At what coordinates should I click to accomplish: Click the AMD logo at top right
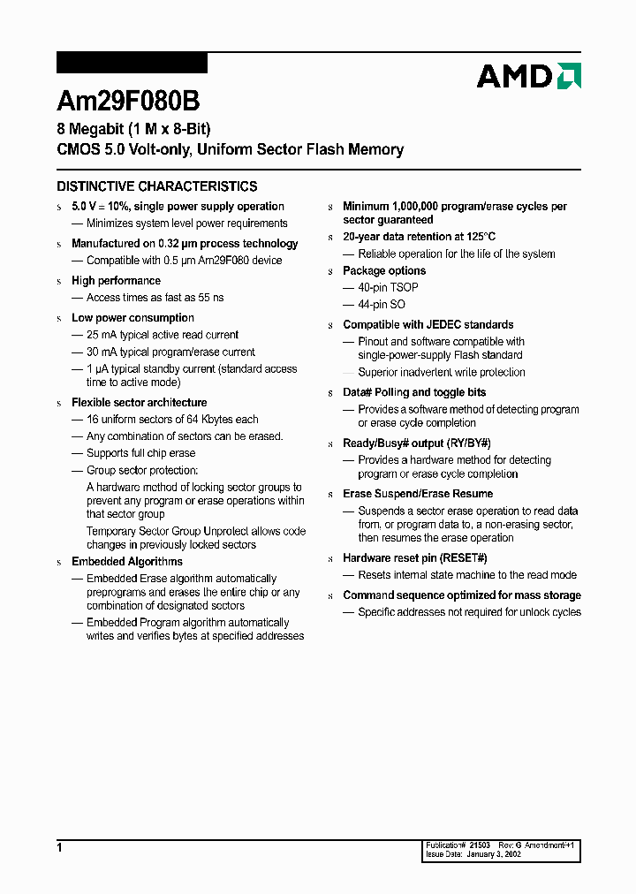point(528,76)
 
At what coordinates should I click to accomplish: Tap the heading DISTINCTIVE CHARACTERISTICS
point(157,186)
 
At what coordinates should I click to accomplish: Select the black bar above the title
point(132,63)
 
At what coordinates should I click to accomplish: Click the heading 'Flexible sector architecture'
point(139,403)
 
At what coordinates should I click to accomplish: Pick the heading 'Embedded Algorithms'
point(127,562)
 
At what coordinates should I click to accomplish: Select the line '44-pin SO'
point(382,305)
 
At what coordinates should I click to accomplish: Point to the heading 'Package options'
point(384,271)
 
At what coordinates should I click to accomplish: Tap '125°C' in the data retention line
point(480,237)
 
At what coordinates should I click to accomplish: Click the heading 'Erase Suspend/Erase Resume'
point(418,494)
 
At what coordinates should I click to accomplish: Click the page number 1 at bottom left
point(59,848)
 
